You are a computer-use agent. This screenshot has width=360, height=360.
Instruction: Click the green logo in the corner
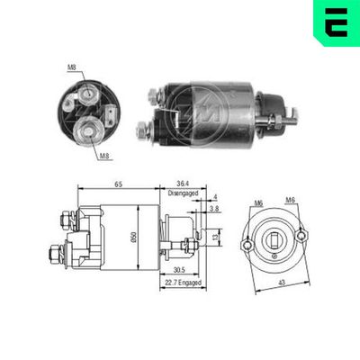334,23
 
